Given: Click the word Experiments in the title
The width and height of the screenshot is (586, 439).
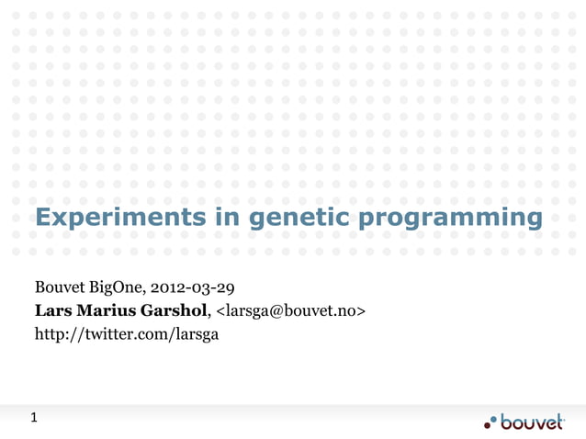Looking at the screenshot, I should [x=116, y=218].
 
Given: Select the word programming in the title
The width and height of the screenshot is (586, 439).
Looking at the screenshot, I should [x=449, y=219].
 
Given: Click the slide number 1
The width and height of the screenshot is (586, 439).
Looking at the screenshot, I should [x=34, y=419].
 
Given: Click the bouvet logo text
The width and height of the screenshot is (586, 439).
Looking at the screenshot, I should [x=533, y=422].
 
